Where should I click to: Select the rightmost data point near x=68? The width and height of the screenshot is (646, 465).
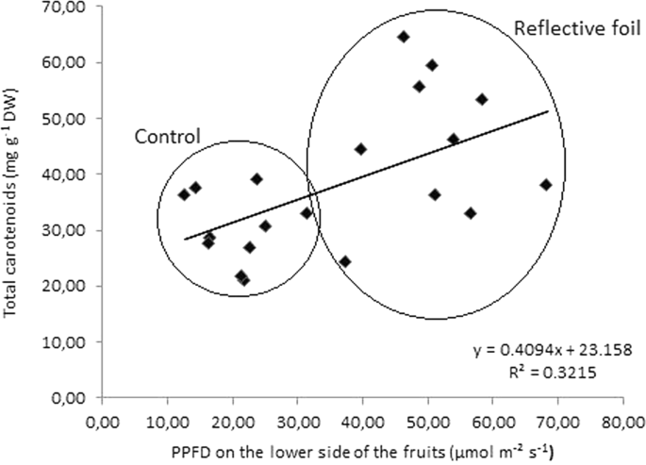tap(545, 185)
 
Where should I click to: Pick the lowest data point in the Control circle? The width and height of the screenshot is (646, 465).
tap(244, 280)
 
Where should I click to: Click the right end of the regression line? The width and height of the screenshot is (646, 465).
tap(548, 111)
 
